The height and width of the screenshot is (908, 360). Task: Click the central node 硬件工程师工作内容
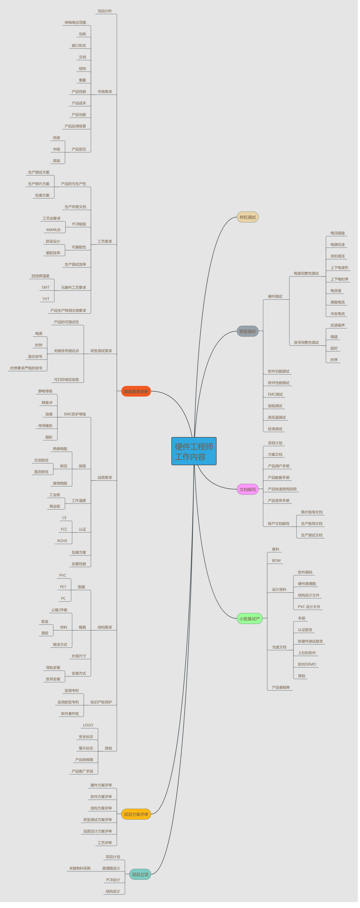coord(193,451)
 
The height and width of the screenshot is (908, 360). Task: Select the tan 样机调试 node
coord(247,217)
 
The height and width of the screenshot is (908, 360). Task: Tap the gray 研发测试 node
coord(247,331)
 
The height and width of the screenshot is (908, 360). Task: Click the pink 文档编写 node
coord(247,489)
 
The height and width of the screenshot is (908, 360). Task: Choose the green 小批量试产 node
coord(249,619)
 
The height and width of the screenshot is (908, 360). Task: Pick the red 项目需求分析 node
coord(136,391)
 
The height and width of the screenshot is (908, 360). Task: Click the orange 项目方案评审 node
coord(136,814)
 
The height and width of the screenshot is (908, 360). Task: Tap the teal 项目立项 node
coord(140,874)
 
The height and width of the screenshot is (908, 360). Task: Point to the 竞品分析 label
coord(104,11)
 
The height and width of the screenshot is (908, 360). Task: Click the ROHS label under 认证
coord(62,541)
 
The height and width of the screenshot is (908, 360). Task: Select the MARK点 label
coord(53,230)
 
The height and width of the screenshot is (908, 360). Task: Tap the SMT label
coord(45,287)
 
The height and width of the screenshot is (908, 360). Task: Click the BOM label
coord(276,561)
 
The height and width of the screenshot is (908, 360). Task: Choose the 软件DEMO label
coord(307,664)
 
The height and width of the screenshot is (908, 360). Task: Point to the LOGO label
coord(88,725)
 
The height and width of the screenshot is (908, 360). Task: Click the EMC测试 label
coord(275,394)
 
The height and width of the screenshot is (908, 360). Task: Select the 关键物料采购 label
coord(79,868)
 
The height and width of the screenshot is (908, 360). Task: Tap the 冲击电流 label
coord(337,314)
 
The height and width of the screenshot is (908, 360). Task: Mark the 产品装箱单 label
coord(281,687)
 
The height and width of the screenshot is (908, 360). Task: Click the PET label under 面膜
coord(63,587)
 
